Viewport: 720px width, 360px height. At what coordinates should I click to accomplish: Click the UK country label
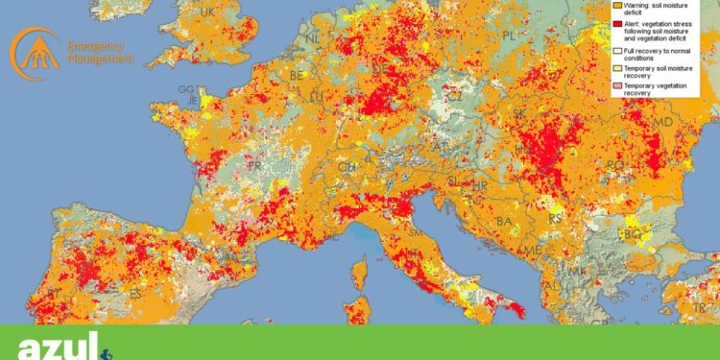(x=208, y=12)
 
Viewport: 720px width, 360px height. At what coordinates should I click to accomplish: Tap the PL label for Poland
(x=510, y=35)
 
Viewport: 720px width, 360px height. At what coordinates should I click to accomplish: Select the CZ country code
(x=455, y=96)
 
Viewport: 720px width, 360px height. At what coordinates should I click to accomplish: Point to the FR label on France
(x=255, y=165)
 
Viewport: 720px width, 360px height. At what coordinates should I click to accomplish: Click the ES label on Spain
(x=135, y=294)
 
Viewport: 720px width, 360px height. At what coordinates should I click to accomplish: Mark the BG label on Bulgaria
(x=632, y=233)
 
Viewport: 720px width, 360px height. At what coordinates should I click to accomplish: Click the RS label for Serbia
(x=554, y=219)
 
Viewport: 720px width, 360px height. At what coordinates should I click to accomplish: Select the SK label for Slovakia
(x=519, y=112)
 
